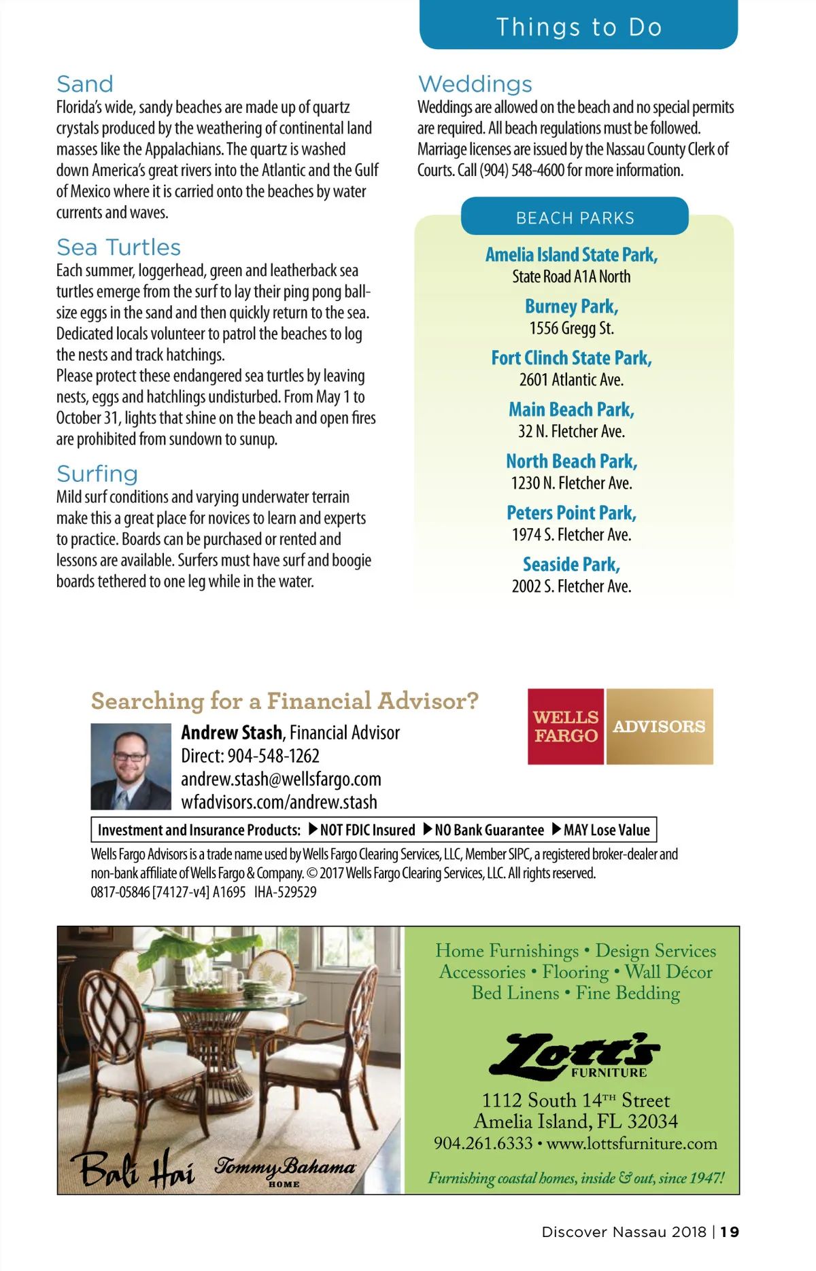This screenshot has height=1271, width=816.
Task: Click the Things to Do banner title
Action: pos(579,27)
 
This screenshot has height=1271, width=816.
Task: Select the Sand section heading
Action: pos(85,84)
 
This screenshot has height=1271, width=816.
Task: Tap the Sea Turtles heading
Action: pos(118,247)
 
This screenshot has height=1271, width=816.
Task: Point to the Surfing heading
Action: pos(97,474)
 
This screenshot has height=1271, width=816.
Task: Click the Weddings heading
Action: pos(475,84)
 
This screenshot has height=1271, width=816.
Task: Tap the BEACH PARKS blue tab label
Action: pos(575,218)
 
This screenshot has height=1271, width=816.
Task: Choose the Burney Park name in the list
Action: pos(571,307)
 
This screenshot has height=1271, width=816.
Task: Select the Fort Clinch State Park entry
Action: pos(571,358)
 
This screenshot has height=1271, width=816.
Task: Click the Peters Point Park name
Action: pos(571,513)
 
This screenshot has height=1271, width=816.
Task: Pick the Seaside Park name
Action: pos(571,565)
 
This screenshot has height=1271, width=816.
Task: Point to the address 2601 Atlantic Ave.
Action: pos(571,380)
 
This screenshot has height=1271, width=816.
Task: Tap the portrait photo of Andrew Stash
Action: pos(131,766)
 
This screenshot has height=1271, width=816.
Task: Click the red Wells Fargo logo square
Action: pos(566,727)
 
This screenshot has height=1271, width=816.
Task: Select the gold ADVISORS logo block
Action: pos(659,727)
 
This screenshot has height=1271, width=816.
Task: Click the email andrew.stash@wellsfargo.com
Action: pos(281,779)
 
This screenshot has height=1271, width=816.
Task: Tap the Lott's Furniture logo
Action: pos(575,1055)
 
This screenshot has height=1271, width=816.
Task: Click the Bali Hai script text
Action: pos(133,1168)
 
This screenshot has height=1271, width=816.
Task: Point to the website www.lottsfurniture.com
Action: pos(632,1143)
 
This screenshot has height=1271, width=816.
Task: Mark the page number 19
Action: pos(730,1232)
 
